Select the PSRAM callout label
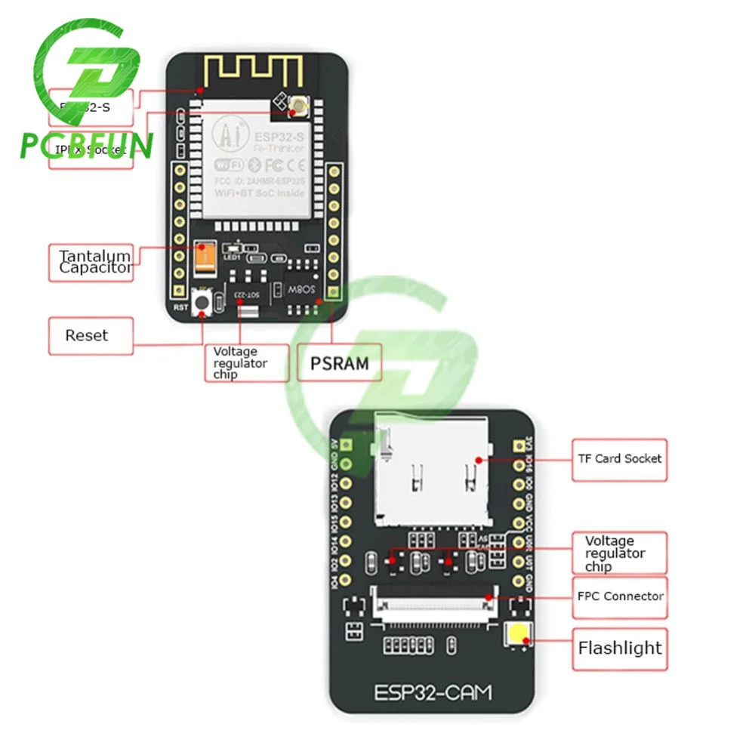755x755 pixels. click(340, 363)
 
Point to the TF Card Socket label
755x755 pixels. click(619, 459)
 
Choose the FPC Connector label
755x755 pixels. click(619, 596)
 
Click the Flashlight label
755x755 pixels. click(619, 648)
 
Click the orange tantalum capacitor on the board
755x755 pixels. click(204, 257)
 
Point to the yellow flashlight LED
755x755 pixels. click(519, 638)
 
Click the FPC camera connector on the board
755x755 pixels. click(433, 605)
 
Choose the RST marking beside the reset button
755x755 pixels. click(180, 307)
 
